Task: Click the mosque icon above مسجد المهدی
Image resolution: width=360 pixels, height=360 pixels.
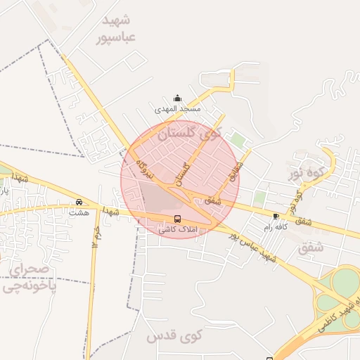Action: [177, 98]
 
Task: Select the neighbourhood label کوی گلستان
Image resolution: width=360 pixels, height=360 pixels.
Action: [189, 132]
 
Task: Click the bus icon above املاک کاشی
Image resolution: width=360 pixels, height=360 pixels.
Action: [177, 219]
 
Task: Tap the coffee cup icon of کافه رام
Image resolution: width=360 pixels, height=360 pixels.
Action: [276, 216]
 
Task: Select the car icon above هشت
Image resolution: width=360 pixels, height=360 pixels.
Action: [79, 201]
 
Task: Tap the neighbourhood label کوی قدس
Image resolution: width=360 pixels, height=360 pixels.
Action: [174, 337]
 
